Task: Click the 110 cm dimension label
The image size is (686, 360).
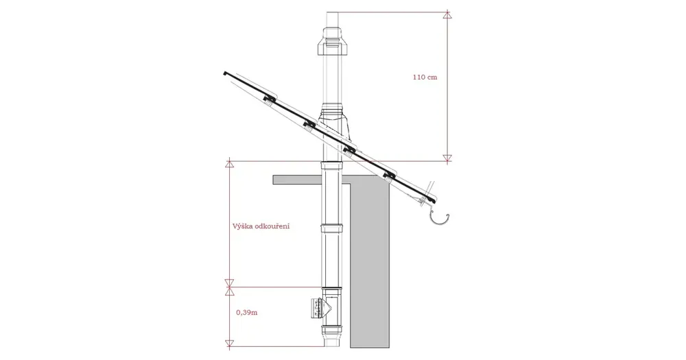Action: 425,77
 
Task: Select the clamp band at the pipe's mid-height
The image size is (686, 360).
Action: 333,226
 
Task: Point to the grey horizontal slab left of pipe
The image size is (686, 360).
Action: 295,180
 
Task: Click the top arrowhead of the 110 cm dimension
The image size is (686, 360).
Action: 447,13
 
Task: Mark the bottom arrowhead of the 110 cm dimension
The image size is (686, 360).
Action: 447,158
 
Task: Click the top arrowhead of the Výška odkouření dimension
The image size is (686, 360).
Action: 230,164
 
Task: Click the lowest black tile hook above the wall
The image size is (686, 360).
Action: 390,174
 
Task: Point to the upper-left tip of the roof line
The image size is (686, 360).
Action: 224,71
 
